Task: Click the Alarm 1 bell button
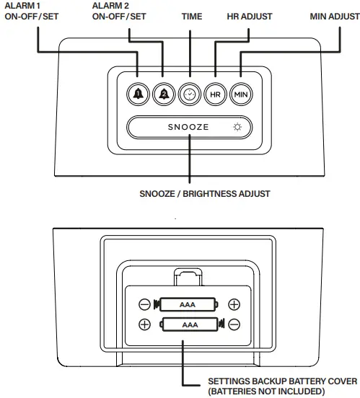click(x=139, y=94)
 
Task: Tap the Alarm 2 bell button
click(x=163, y=94)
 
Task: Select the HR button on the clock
click(x=214, y=94)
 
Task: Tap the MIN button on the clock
click(x=239, y=94)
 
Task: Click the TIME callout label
click(x=192, y=16)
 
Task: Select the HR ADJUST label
click(x=250, y=16)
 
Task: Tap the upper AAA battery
click(x=190, y=305)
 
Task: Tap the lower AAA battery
click(x=190, y=324)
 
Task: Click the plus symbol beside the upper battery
click(x=234, y=305)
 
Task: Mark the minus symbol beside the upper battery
click(x=145, y=305)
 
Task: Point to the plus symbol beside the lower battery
click(x=145, y=324)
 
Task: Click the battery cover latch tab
click(x=189, y=276)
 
